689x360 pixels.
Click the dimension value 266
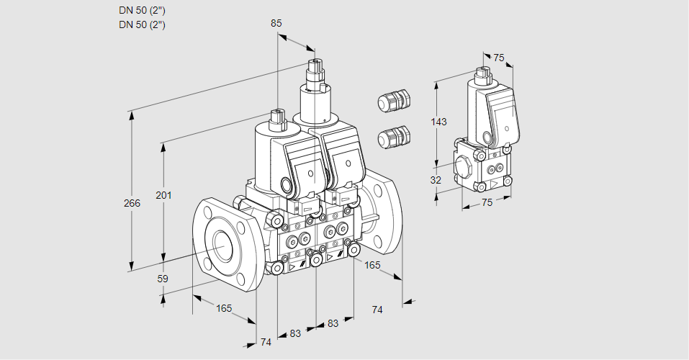point(131,203)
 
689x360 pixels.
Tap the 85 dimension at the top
point(276,23)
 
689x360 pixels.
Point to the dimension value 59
point(163,278)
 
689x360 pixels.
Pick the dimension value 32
point(436,180)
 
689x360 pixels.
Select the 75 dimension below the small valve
point(487,202)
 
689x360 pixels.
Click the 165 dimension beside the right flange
point(372,265)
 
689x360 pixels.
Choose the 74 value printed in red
point(266,342)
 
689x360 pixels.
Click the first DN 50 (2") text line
point(142,11)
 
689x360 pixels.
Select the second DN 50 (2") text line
point(142,24)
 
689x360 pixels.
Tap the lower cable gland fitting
point(394,136)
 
